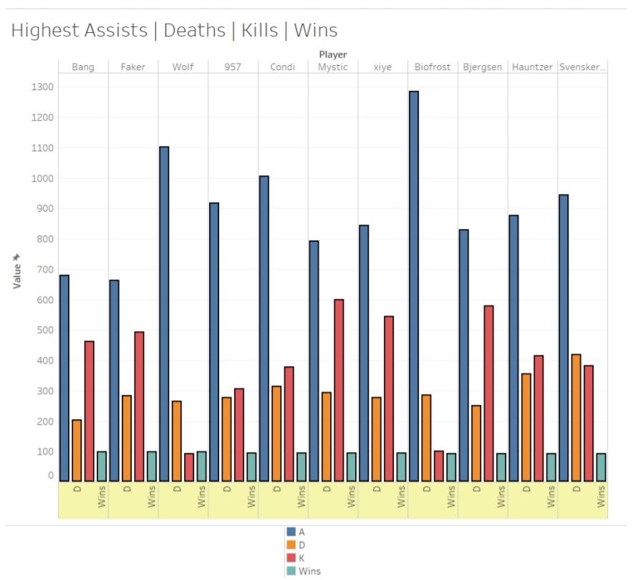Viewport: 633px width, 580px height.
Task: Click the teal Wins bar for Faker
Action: point(152,466)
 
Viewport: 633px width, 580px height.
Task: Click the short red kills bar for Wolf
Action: point(189,467)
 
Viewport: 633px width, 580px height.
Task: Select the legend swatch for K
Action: point(291,558)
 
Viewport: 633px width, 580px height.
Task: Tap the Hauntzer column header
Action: point(532,67)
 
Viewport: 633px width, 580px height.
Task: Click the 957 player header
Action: point(232,67)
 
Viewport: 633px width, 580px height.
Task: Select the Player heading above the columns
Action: point(332,54)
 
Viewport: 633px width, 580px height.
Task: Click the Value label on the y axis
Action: point(16,275)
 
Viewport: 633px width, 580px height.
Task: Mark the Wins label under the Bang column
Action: point(102,498)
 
